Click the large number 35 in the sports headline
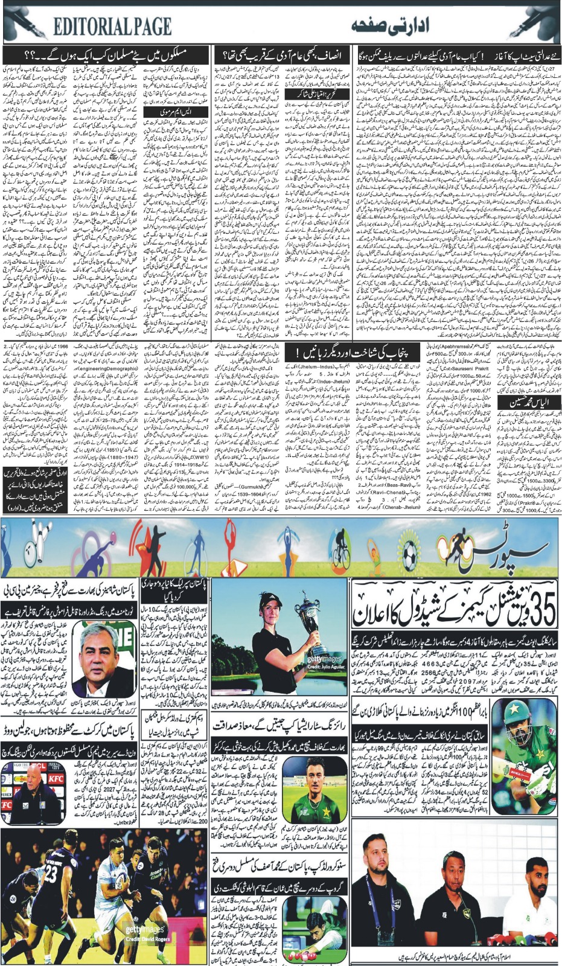point(535,610)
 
